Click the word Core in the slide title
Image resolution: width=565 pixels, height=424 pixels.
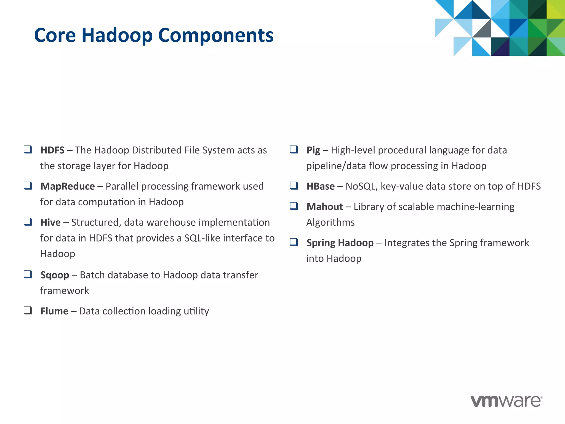click(x=55, y=35)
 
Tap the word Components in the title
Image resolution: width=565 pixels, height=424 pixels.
click(x=216, y=36)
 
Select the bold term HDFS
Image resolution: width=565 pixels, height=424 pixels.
click(x=52, y=150)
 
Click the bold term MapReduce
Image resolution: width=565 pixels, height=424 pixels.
click(x=68, y=186)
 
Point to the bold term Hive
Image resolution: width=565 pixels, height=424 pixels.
click(x=50, y=222)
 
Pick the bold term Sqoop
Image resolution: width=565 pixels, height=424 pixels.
click(x=55, y=275)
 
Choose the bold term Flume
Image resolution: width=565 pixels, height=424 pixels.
click(x=54, y=311)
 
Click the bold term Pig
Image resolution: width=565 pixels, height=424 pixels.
click(x=313, y=150)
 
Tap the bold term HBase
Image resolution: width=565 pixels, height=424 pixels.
click(x=321, y=186)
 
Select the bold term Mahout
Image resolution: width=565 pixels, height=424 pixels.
click(x=325, y=207)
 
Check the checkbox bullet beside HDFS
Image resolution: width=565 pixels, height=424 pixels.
click(x=28, y=150)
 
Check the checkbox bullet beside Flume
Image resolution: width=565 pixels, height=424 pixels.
click(x=28, y=311)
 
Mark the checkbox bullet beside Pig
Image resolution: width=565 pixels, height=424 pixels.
click(x=294, y=150)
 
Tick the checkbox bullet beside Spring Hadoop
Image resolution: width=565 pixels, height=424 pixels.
click(x=294, y=242)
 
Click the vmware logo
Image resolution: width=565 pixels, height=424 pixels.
click(x=507, y=401)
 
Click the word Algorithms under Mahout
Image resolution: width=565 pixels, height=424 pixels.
click(x=331, y=222)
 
